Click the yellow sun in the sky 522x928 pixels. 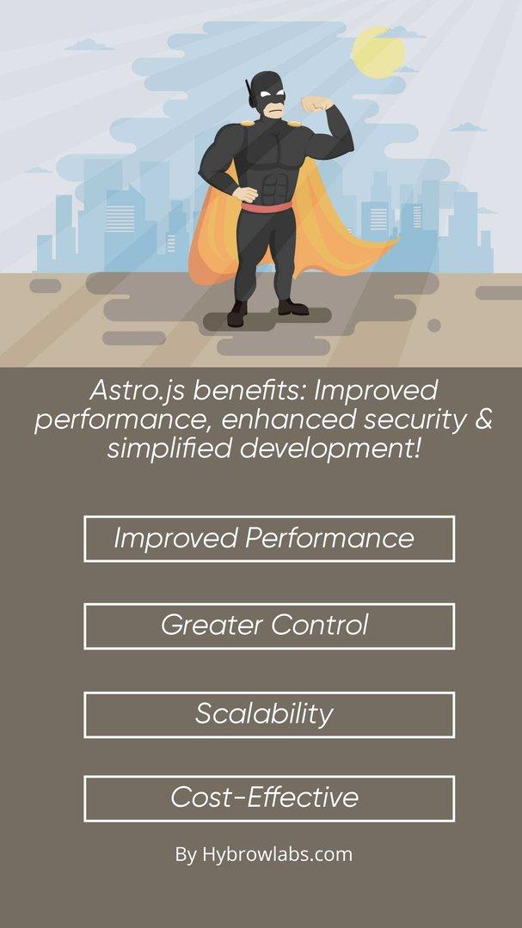[x=378, y=52]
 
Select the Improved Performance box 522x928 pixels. [x=268, y=539]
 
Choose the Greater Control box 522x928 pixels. [x=268, y=626]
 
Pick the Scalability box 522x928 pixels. [x=268, y=714]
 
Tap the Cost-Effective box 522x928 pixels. [x=268, y=798]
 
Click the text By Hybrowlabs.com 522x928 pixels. [x=263, y=854]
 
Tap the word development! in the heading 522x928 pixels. [x=330, y=448]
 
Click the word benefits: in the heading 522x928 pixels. [x=249, y=391]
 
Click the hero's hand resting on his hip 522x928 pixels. [x=245, y=192]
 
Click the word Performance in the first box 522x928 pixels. [x=329, y=539]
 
